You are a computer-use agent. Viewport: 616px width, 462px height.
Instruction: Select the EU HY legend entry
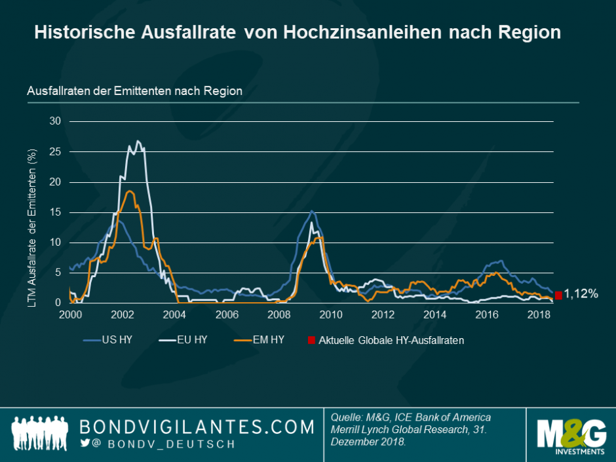coord(189,340)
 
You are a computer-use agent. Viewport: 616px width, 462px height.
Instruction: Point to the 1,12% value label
coord(581,295)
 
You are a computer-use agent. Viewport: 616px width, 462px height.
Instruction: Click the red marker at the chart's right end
coord(558,296)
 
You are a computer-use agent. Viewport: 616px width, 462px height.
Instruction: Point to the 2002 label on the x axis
coord(123,315)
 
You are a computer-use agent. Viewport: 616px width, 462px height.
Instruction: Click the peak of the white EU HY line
coord(138,141)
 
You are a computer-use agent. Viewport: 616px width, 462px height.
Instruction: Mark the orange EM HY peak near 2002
coord(130,191)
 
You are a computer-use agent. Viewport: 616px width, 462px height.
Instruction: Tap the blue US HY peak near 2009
coord(312,211)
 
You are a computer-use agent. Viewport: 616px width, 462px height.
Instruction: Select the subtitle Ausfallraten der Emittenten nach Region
coord(134,91)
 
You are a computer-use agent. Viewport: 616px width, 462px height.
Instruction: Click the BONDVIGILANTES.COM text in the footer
coord(197,427)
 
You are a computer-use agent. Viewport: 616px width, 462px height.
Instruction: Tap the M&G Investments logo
coord(571,434)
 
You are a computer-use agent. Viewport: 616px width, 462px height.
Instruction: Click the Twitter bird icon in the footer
coord(84,443)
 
